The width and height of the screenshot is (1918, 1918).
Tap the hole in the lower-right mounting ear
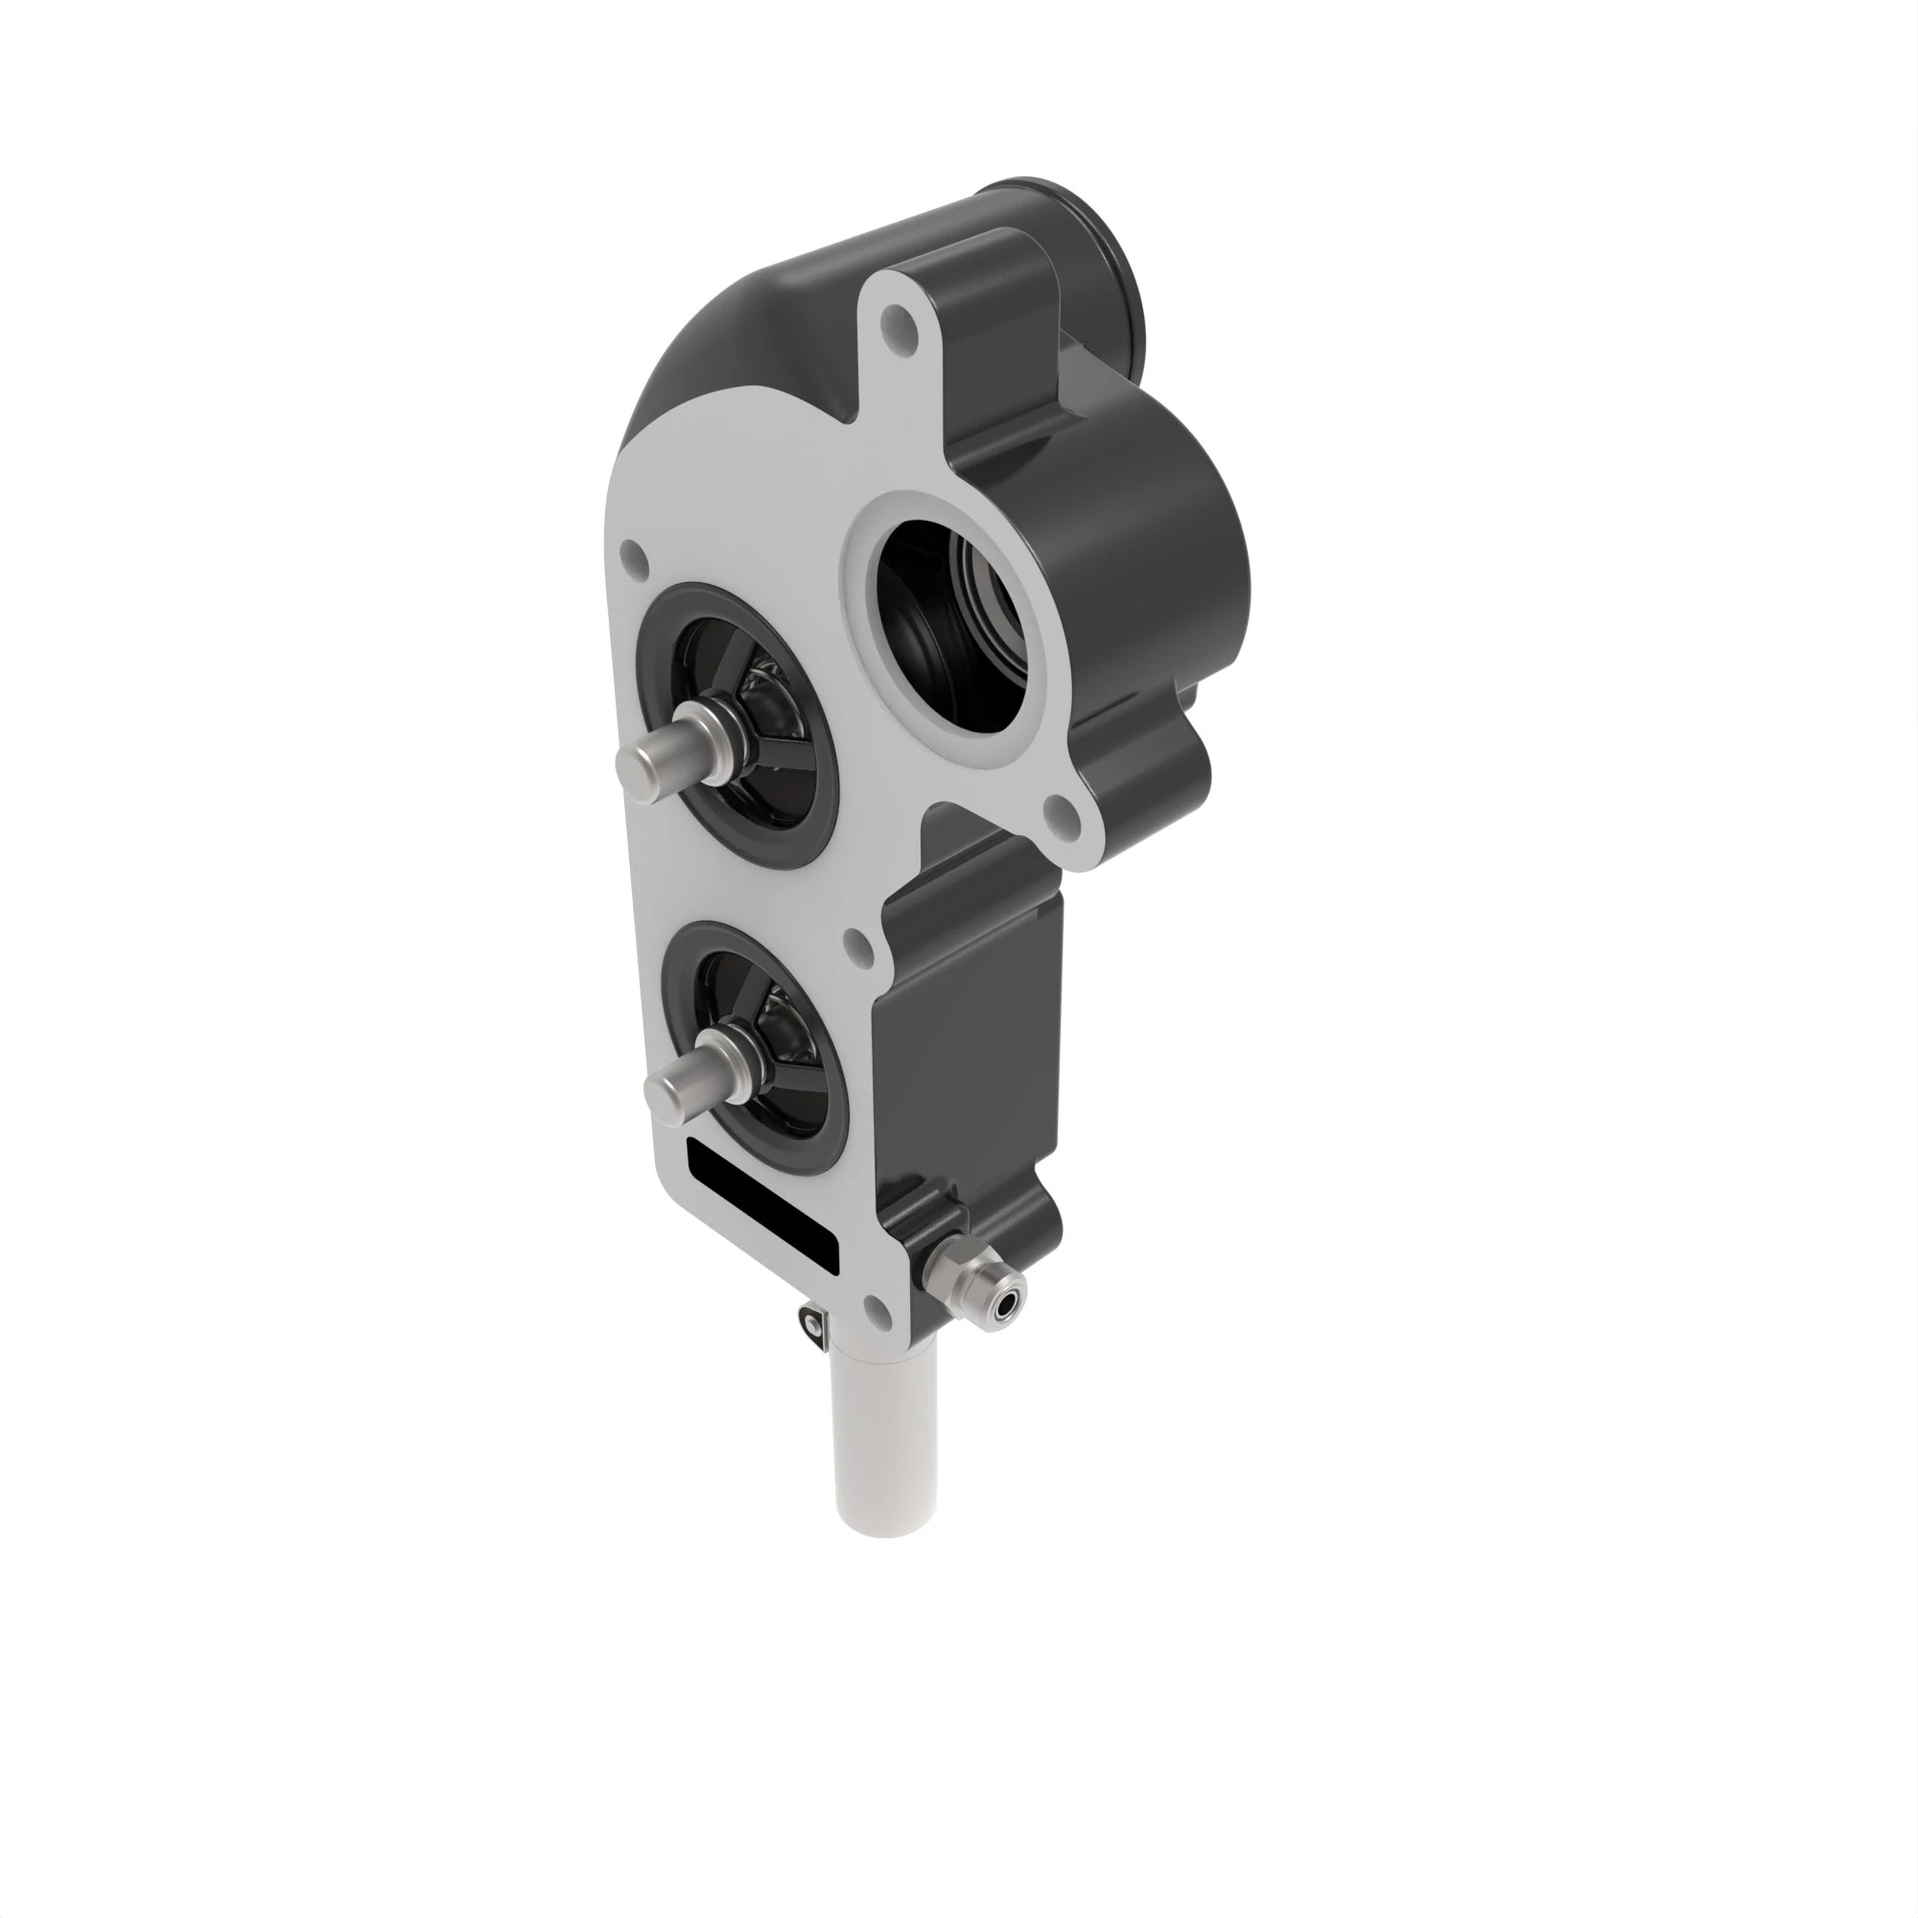tap(1064, 817)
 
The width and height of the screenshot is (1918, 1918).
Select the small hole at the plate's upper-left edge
tap(629, 560)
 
